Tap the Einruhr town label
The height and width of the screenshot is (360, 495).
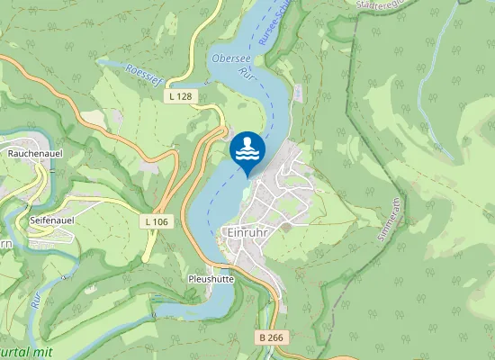tap(242, 231)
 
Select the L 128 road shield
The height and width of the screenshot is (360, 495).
tap(179, 94)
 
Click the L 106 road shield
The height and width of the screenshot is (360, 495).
tap(156, 221)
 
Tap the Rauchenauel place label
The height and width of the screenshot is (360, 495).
tap(33, 154)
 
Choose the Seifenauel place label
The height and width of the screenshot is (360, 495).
tap(51, 219)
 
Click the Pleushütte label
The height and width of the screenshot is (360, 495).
tap(211, 279)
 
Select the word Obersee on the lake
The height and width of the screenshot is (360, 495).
tap(229, 59)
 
